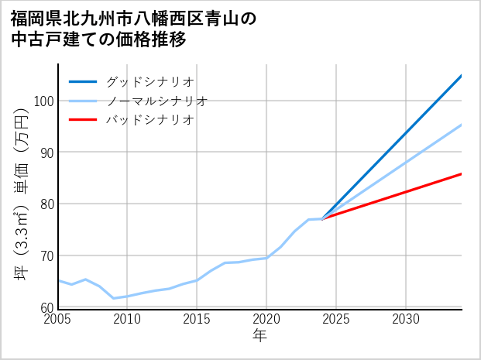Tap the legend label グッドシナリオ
click(x=149, y=81)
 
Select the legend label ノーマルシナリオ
click(x=156, y=101)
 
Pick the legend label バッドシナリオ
click(x=149, y=120)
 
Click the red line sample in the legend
click(x=83, y=120)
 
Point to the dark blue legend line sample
click(x=83, y=81)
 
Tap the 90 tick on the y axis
click(x=46, y=153)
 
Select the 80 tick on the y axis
click(x=46, y=204)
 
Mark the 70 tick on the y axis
click(x=46, y=256)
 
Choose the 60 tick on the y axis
click(x=46, y=307)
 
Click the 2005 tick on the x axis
click(x=57, y=319)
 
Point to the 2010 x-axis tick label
click(x=127, y=319)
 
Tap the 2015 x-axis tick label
click(x=197, y=319)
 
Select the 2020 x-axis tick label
click(x=266, y=319)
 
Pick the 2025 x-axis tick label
click(x=336, y=319)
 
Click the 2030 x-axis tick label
click(x=406, y=319)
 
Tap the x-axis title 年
click(x=259, y=336)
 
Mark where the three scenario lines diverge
click(x=322, y=219)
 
